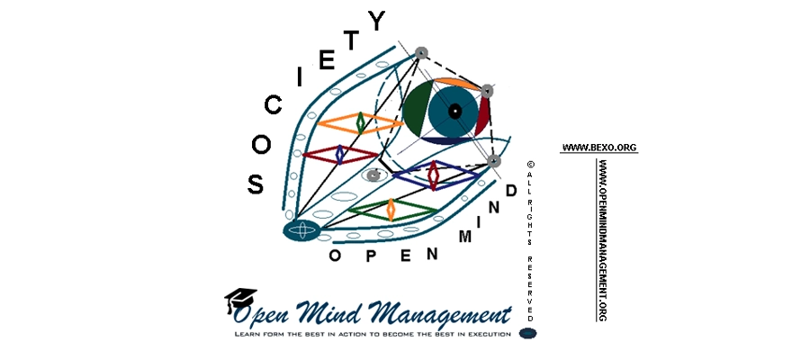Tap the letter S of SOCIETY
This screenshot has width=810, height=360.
[x=256, y=184]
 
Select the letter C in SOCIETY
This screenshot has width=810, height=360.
[x=272, y=106]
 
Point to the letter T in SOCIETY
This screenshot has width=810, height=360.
[x=354, y=40]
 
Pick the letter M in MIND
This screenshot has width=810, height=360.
[x=466, y=237]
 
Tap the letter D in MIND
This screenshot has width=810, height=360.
[x=510, y=192]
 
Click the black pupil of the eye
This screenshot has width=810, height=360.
[x=454, y=112]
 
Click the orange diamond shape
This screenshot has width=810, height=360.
[x=360, y=122]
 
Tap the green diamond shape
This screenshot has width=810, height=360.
[x=391, y=210]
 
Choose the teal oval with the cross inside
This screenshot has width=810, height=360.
[x=302, y=230]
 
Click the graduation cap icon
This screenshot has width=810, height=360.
[x=240, y=300]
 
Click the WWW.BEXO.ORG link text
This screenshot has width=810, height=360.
[x=598, y=147]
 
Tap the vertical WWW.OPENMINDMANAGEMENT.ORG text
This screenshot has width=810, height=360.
[x=601, y=238]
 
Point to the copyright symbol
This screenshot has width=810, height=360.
[x=530, y=165]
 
